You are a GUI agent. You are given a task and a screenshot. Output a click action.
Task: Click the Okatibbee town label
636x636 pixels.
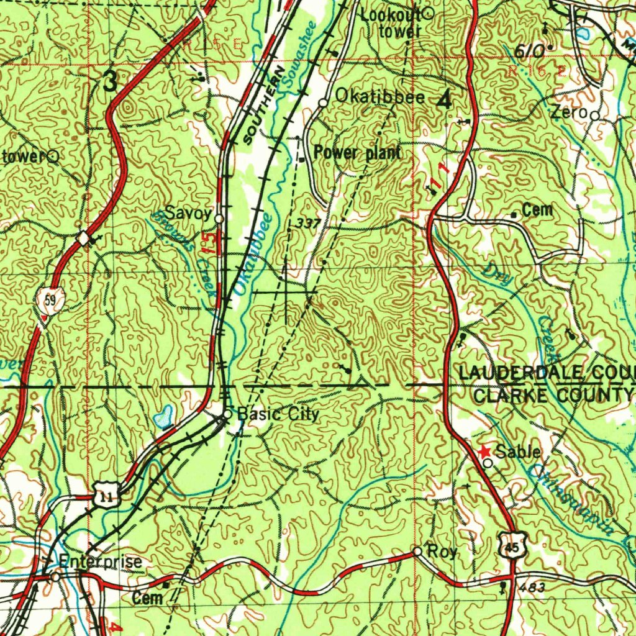[x=380, y=96]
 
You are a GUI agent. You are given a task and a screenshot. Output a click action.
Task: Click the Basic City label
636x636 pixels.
[x=279, y=414]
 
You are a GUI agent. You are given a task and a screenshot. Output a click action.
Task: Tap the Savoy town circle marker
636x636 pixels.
[x=219, y=218]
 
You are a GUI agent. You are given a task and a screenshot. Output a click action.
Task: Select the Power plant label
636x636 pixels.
[x=357, y=152]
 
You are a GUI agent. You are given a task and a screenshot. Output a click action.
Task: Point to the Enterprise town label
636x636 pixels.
[x=100, y=561]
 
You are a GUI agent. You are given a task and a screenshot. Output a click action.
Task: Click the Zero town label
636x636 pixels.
[x=569, y=113]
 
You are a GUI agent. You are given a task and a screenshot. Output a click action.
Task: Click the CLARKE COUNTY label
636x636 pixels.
[x=553, y=394]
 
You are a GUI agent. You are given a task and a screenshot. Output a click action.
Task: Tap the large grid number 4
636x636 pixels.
[x=445, y=101]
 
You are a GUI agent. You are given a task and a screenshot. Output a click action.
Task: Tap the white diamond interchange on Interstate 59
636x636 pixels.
[x=83, y=238]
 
